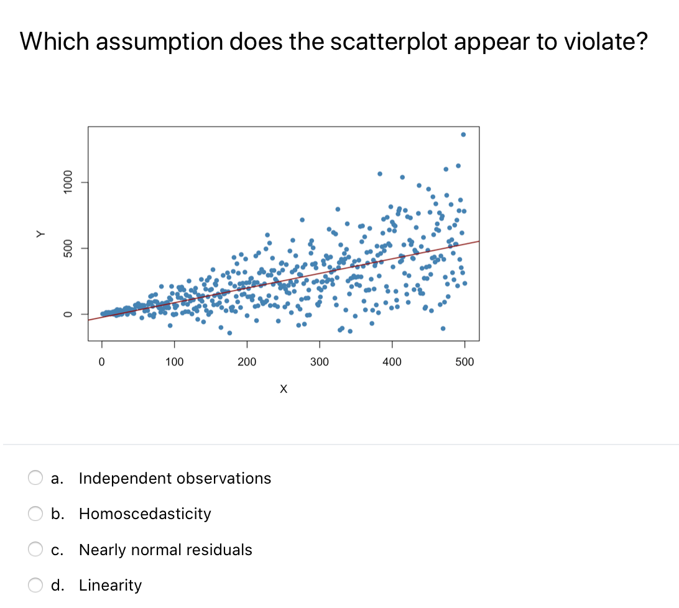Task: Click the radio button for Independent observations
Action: [x=35, y=478]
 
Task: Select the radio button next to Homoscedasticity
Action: [x=35, y=514]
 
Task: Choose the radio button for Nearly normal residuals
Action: [x=35, y=550]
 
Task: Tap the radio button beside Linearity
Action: [x=35, y=585]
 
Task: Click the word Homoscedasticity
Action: [x=145, y=514]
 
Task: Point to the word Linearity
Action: [x=110, y=585]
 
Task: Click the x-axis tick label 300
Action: [x=320, y=362]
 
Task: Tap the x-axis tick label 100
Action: [x=174, y=362]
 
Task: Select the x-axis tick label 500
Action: [x=464, y=362]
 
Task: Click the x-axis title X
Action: [x=284, y=390]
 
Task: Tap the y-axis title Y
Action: [x=41, y=234]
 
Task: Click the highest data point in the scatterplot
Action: [x=463, y=134]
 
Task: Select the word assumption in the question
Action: [x=151, y=42]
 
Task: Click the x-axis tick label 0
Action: [x=102, y=362]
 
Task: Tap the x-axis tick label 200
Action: [x=247, y=362]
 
